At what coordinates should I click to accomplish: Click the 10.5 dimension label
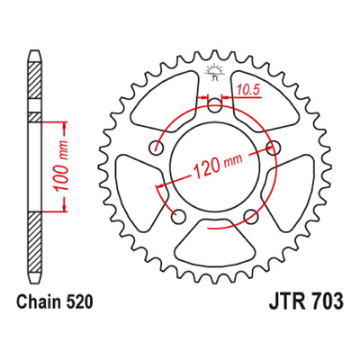[x=247, y=90]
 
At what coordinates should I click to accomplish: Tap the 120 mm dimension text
[x=218, y=166]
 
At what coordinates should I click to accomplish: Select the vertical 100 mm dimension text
[x=61, y=166]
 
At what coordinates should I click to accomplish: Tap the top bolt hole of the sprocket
[x=214, y=105]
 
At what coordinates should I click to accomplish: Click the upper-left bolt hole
[x=157, y=148]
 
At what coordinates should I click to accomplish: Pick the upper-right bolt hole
[x=273, y=147]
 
